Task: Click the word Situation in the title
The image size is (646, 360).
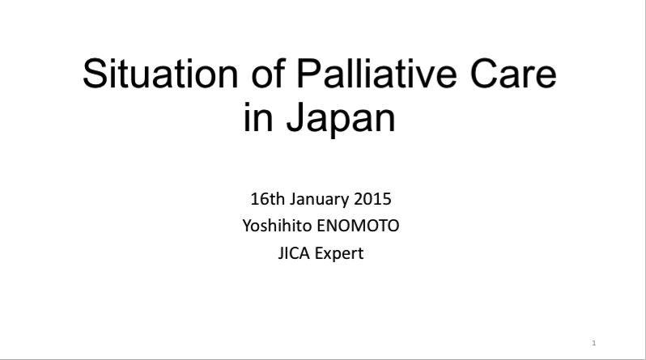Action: click(x=160, y=74)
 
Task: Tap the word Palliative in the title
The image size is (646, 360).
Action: click(x=376, y=74)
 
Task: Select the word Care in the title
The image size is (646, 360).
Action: click(x=513, y=74)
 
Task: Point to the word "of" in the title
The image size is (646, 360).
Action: click(x=268, y=74)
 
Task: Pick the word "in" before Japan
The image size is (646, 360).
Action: click(x=258, y=118)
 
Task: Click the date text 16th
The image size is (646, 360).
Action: click(x=267, y=199)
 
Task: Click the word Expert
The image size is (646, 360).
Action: click(x=339, y=254)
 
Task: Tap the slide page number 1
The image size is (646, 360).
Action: click(x=593, y=343)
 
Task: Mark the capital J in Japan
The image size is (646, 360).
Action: click(x=295, y=117)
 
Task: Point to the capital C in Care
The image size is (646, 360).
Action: click(x=483, y=74)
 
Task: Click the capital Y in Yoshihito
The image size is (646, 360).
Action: click(x=247, y=226)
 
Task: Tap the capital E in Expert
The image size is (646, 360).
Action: click(x=318, y=253)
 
